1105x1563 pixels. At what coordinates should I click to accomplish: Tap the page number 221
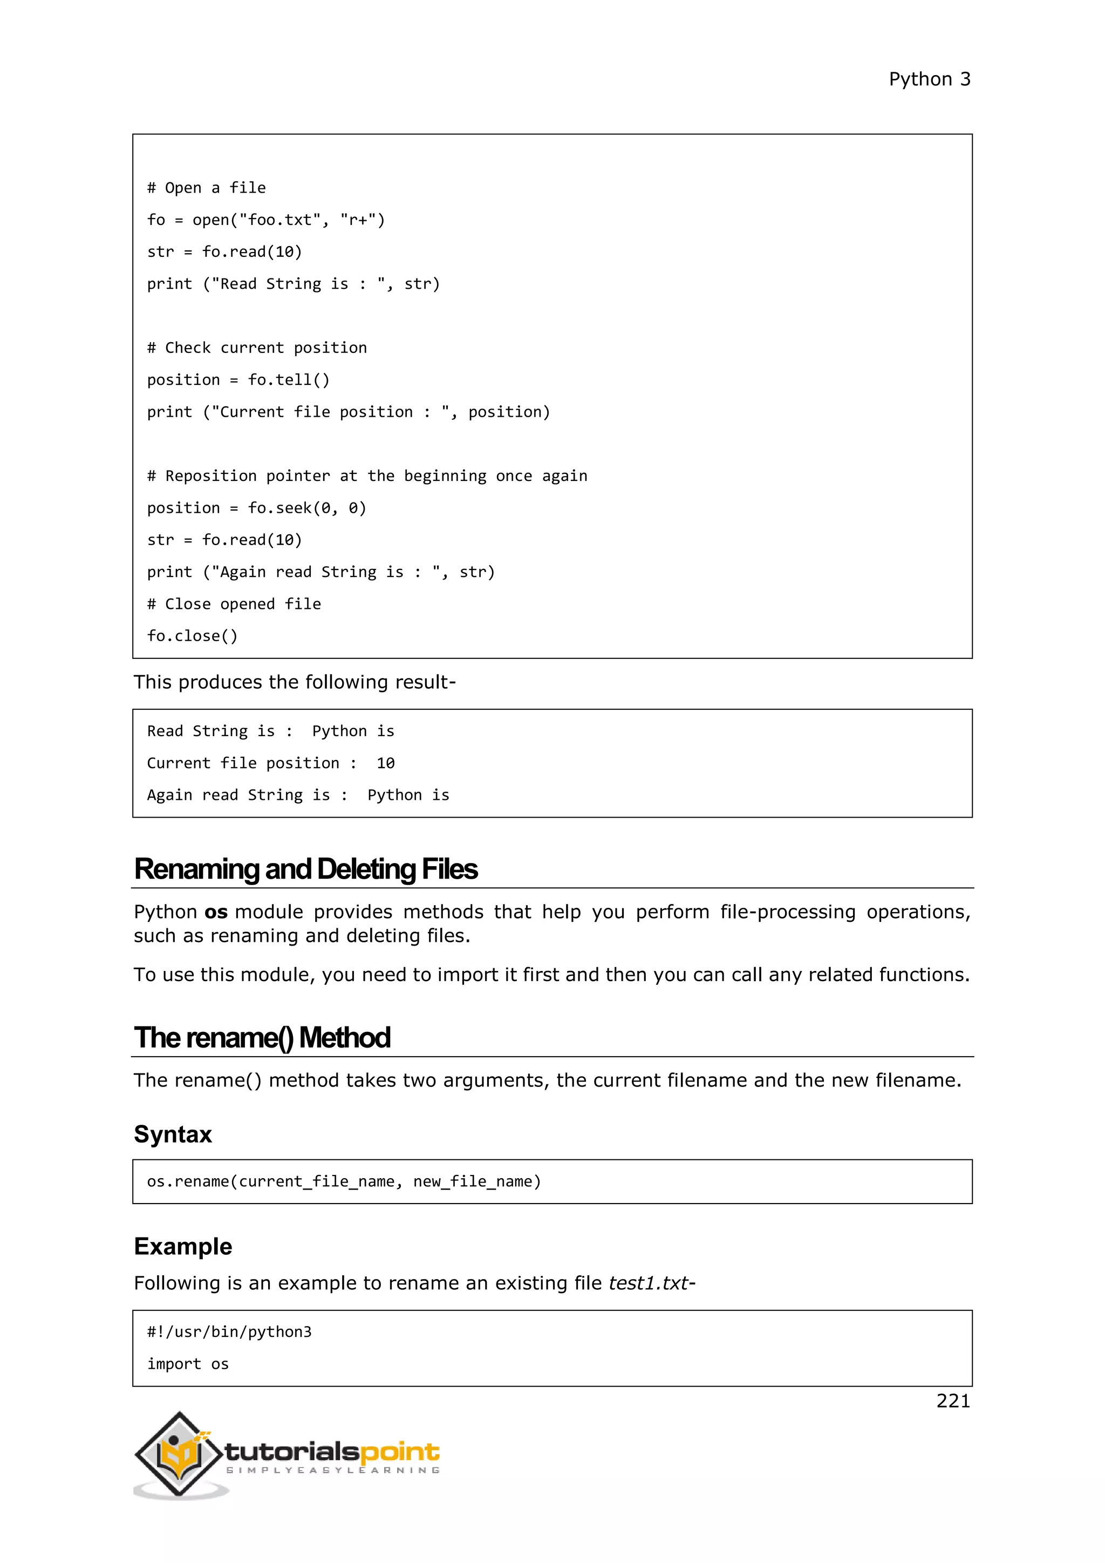coord(953,1401)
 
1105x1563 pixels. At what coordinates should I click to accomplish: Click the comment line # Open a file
coord(206,188)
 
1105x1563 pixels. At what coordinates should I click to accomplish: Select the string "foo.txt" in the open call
coord(279,220)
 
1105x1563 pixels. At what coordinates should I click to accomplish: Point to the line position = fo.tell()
coord(238,380)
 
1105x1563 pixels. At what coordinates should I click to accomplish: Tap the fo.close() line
coord(193,636)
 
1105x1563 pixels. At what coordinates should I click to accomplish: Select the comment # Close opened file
coord(234,604)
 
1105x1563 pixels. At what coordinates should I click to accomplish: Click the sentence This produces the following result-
coord(294,682)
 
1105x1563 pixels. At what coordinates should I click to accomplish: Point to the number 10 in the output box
coord(385,763)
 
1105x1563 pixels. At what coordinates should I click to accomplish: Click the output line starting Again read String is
coord(298,795)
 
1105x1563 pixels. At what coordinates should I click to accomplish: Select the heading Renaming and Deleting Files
coord(305,869)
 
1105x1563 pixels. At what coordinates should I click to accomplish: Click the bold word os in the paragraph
coord(216,912)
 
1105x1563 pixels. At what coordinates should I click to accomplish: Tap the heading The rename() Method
coord(262,1038)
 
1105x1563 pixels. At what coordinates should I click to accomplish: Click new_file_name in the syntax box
coord(476,1182)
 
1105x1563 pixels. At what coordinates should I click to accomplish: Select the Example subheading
coord(183,1246)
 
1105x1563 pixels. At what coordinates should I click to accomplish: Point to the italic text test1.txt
coord(649,1283)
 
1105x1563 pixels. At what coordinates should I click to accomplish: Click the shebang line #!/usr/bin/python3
coord(229,1332)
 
